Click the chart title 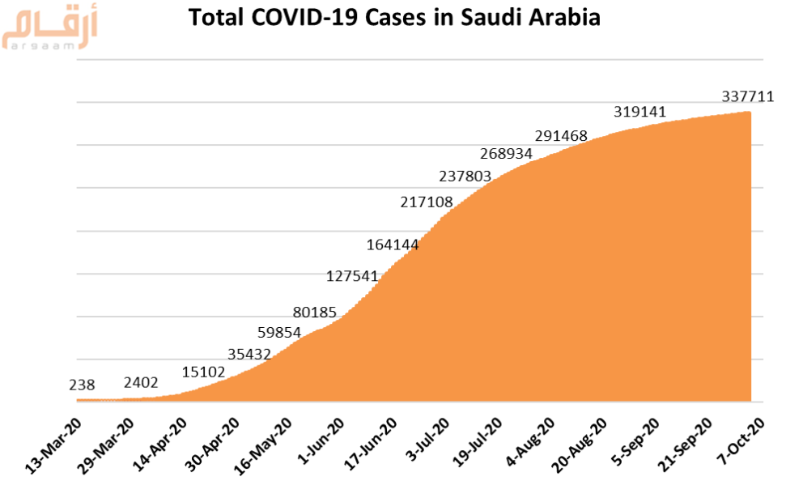click(394, 17)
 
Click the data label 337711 click(748, 97)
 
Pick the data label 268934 click(506, 154)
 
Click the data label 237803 click(465, 176)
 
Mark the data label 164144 click(393, 244)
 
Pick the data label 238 click(83, 386)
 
